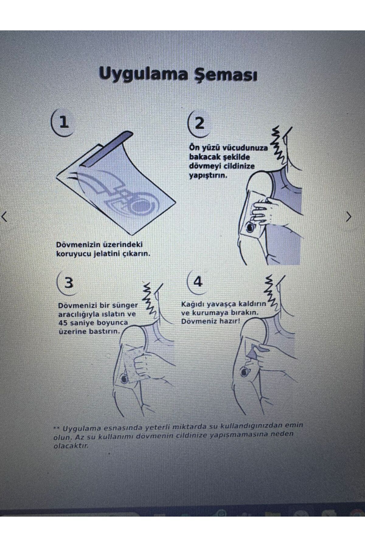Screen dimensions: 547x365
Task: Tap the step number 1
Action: [64, 122]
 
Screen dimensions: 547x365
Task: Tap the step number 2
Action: [199, 123]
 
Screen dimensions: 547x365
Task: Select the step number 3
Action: [69, 283]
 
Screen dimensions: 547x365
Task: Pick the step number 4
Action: [198, 282]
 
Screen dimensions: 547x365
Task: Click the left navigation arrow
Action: [4, 217]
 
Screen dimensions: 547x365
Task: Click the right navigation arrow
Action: [349, 217]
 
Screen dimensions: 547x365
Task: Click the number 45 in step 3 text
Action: [64, 322]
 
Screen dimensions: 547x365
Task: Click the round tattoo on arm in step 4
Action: [244, 371]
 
